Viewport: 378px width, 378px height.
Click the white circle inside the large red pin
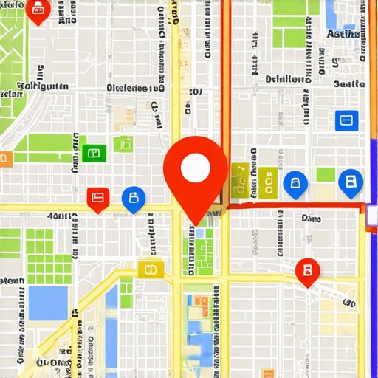click(x=196, y=167)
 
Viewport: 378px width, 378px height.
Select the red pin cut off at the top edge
click(x=38, y=10)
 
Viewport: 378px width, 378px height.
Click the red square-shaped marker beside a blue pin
click(x=97, y=198)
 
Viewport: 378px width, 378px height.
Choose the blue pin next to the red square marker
click(x=134, y=198)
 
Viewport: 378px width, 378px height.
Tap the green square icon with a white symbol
click(x=92, y=153)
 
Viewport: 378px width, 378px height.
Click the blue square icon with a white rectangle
click(x=346, y=120)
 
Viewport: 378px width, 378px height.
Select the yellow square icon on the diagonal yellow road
click(x=148, y=269)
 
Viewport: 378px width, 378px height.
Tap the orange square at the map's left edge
click(x=4, y=157)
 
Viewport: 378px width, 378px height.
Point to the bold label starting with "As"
click(x=342, y=34)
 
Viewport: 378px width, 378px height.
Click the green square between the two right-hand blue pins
click(x=326, y=175)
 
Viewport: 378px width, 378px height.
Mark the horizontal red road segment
click(x=295, y=206)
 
